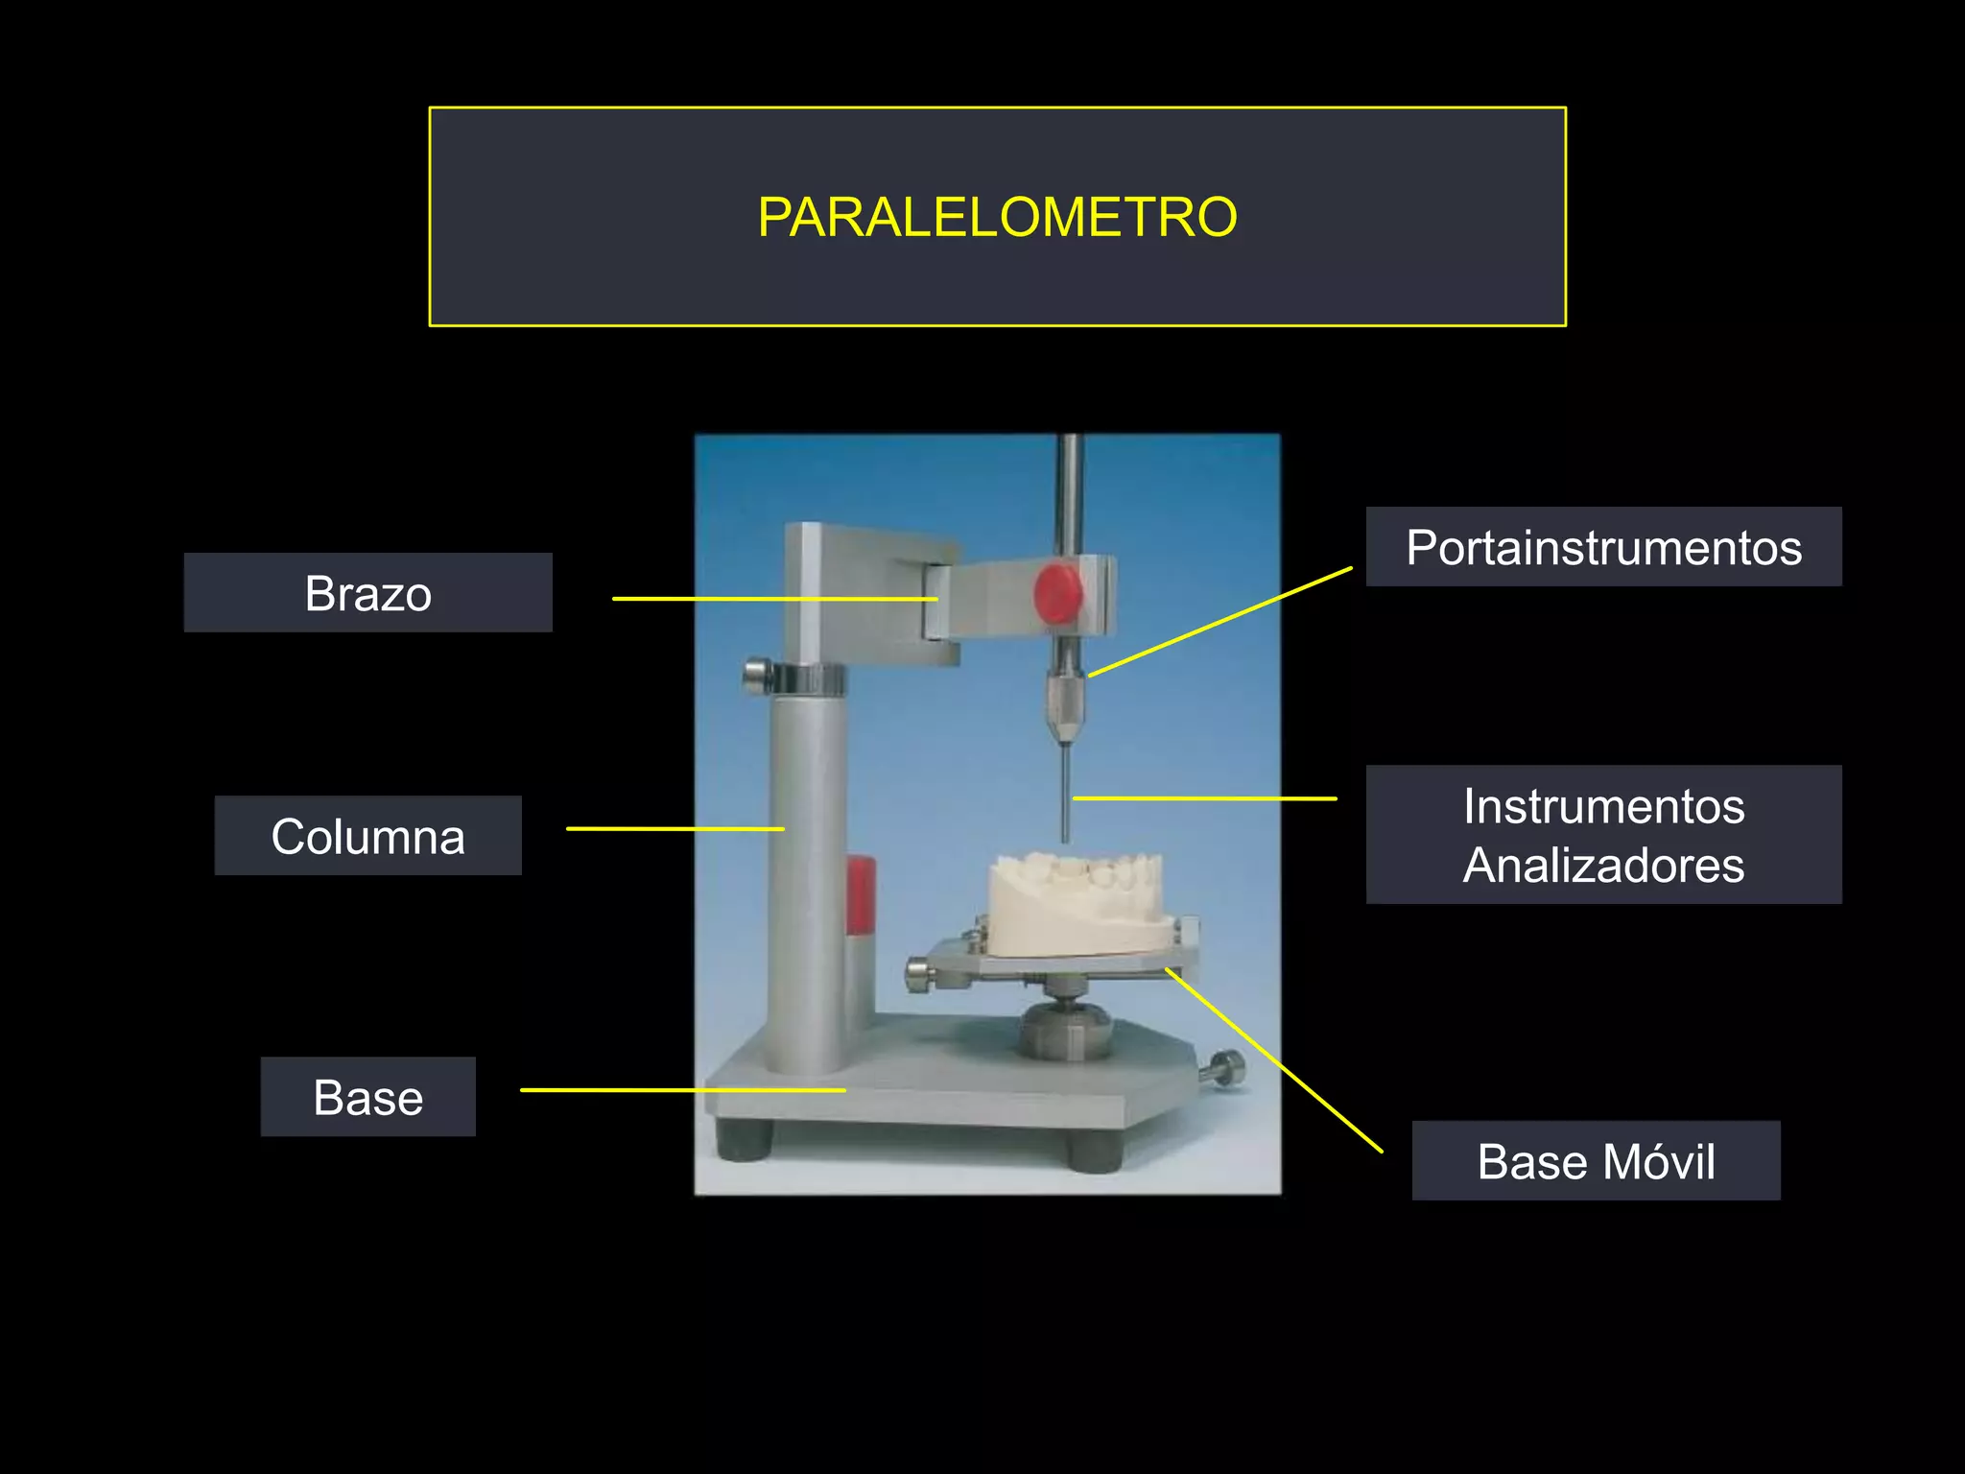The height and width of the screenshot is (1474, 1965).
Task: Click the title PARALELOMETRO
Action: (x=997, y=217)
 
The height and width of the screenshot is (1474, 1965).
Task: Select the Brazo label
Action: (x=367, y=593)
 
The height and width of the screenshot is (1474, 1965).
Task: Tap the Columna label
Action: (x=367, y=836)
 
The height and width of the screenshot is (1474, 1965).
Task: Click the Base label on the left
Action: (x=367, y=1097)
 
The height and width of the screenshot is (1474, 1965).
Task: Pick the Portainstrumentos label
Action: (x=1603, y=547)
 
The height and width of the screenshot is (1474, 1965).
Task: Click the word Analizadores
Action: (x=1603, y=865)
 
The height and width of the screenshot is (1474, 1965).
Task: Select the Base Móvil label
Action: (x=1596, y=1161)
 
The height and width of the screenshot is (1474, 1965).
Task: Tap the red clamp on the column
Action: (x=860, y=897)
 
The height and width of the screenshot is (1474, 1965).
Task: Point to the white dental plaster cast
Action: (x=1079, y=907)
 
